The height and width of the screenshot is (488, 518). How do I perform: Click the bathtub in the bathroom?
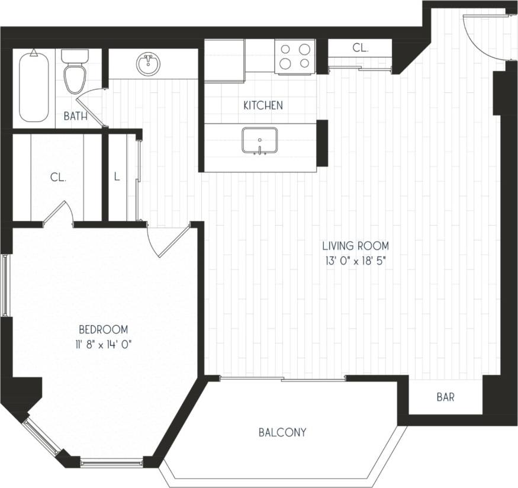coord(33,86)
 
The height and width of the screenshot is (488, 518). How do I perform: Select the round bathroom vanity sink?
coord(148,64)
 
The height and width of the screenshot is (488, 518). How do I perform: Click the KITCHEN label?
coord(263,105)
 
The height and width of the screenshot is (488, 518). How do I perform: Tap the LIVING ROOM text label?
coord(355,245)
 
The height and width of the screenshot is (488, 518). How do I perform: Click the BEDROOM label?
coord(104,329)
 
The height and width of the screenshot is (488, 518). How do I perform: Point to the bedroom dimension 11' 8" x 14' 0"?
coord(104,344)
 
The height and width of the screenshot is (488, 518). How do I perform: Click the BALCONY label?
coord(282,432)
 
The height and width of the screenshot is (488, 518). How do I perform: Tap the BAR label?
coord(445,397)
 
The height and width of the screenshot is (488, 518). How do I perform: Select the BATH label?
coord(76,117)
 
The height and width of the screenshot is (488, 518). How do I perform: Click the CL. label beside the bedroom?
coord(58,176)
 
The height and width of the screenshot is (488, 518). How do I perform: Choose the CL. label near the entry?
coord(361,49)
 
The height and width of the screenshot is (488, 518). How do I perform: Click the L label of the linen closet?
coord(117,176)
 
